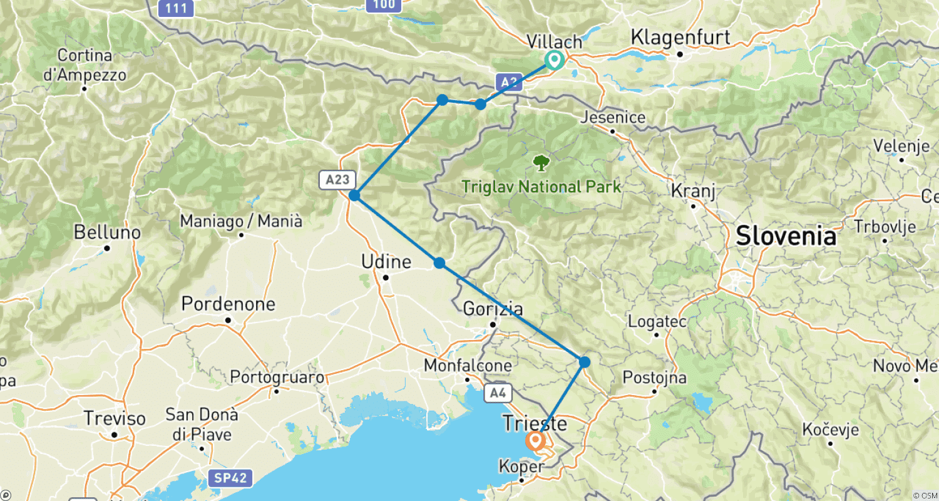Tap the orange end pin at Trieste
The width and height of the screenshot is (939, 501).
click(536, 442)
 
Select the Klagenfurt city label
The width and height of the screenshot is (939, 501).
click(680, 38)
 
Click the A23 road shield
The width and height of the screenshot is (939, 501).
click(337, 180)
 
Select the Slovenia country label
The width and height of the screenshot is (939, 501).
click(786, 237)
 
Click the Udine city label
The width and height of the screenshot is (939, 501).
click(386, 262)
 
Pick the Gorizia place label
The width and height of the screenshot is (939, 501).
click(493, 309)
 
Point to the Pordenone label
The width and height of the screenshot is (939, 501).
click(228, 305)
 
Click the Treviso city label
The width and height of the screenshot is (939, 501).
click(115, 418)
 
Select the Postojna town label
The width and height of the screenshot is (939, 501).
click(654, 378)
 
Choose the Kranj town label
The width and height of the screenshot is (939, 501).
click(694, 190)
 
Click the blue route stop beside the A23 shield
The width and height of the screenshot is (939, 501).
click(354, 195)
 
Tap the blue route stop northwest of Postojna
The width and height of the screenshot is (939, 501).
click(584, 361)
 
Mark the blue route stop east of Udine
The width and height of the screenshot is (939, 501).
click(439, 263)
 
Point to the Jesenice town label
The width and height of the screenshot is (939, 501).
click(612, 118)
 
